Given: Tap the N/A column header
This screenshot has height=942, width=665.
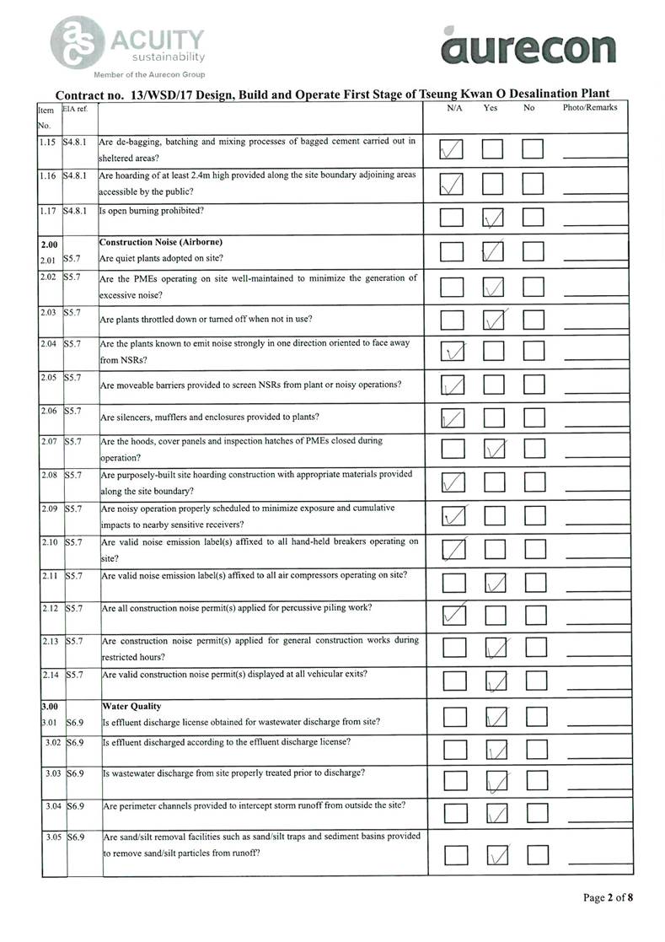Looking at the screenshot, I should point(454,109).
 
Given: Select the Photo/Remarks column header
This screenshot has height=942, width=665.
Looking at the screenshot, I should point(590,108).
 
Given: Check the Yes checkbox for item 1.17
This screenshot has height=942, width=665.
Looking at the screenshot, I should point(493,218).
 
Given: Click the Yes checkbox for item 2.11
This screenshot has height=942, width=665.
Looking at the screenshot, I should point(496,584).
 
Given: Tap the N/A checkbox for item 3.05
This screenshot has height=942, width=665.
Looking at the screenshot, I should point(455,855).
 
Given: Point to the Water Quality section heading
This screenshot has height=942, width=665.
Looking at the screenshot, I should point(131,706).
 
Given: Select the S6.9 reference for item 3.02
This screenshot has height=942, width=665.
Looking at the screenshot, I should point(76,742).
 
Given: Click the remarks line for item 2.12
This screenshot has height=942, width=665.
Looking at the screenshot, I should point(597,622).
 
